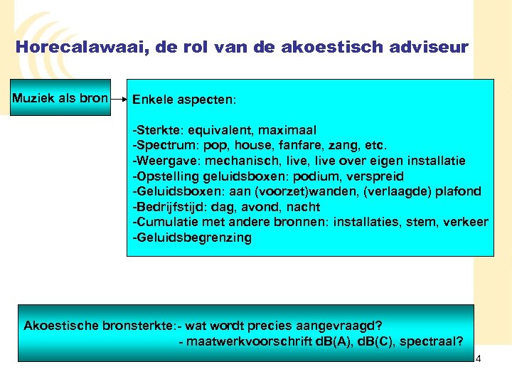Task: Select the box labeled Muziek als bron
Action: (x=60, y=97)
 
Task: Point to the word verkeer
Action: (x=466, y=223)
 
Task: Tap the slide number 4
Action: (x=478, y=358)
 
